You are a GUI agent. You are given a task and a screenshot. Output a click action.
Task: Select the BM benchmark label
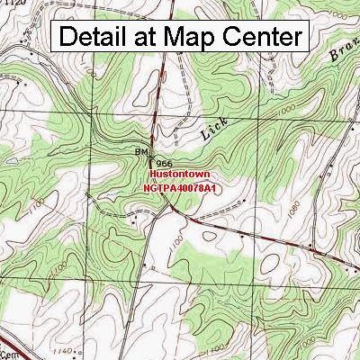(141, 152)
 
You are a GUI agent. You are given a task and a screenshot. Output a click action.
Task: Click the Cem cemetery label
(9, 330)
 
